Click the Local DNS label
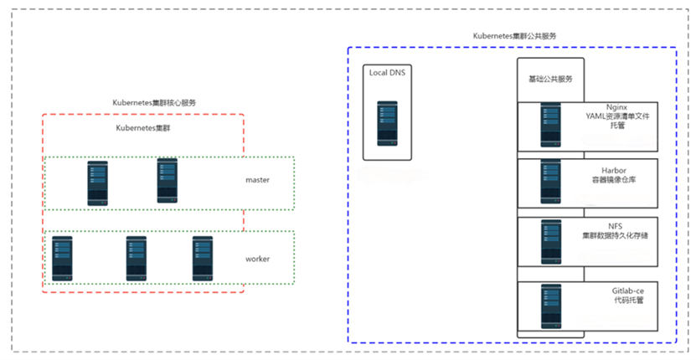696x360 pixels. [x=387, y=73]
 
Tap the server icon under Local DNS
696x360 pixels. [x=387, y=123]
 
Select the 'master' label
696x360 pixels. [x=257, y=180]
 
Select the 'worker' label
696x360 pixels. [x=257, y=259]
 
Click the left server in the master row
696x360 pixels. [x=98, y=183]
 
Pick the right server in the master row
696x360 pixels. [x=168, y=181]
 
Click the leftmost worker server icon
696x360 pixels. [x=62, y=259]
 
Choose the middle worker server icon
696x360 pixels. [x=137, y=259]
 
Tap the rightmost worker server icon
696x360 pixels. [x=203, y=259]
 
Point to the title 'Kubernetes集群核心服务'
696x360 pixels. [x=154, y=102]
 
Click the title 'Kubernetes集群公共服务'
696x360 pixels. [x=514, y=36]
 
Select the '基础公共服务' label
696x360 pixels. [x=550, y=79]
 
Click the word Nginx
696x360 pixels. [x=617, y=108]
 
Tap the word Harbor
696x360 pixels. [x=614, y=171]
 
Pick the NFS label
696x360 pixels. [x=616, y=226]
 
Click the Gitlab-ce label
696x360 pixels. [x=627, y=291]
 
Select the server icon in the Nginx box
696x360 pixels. [x=550, y=125]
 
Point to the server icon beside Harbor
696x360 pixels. [x=550, y=181]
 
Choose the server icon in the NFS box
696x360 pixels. [x=551, y=242]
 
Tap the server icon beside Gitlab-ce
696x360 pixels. [x=551, y=306]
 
